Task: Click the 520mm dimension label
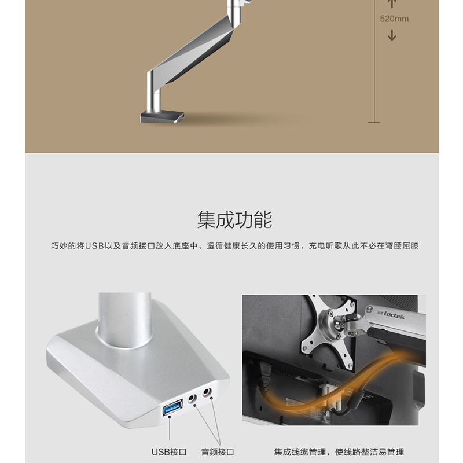tap(394, 19)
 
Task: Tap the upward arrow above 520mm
tap(392, 3)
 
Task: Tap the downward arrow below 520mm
tap(392, 35)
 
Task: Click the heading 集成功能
tap(235, 219)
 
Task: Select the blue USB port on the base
tap(172, 407)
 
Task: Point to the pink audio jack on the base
tap(207, 392)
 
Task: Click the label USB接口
tap(169, 452)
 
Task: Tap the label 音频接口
tap(218, 452)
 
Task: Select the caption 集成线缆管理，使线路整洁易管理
tap(339, 452)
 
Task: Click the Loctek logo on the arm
tap(391, 315)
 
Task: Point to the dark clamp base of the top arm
tap(162, 116)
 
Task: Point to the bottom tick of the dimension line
tap(374, 122)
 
